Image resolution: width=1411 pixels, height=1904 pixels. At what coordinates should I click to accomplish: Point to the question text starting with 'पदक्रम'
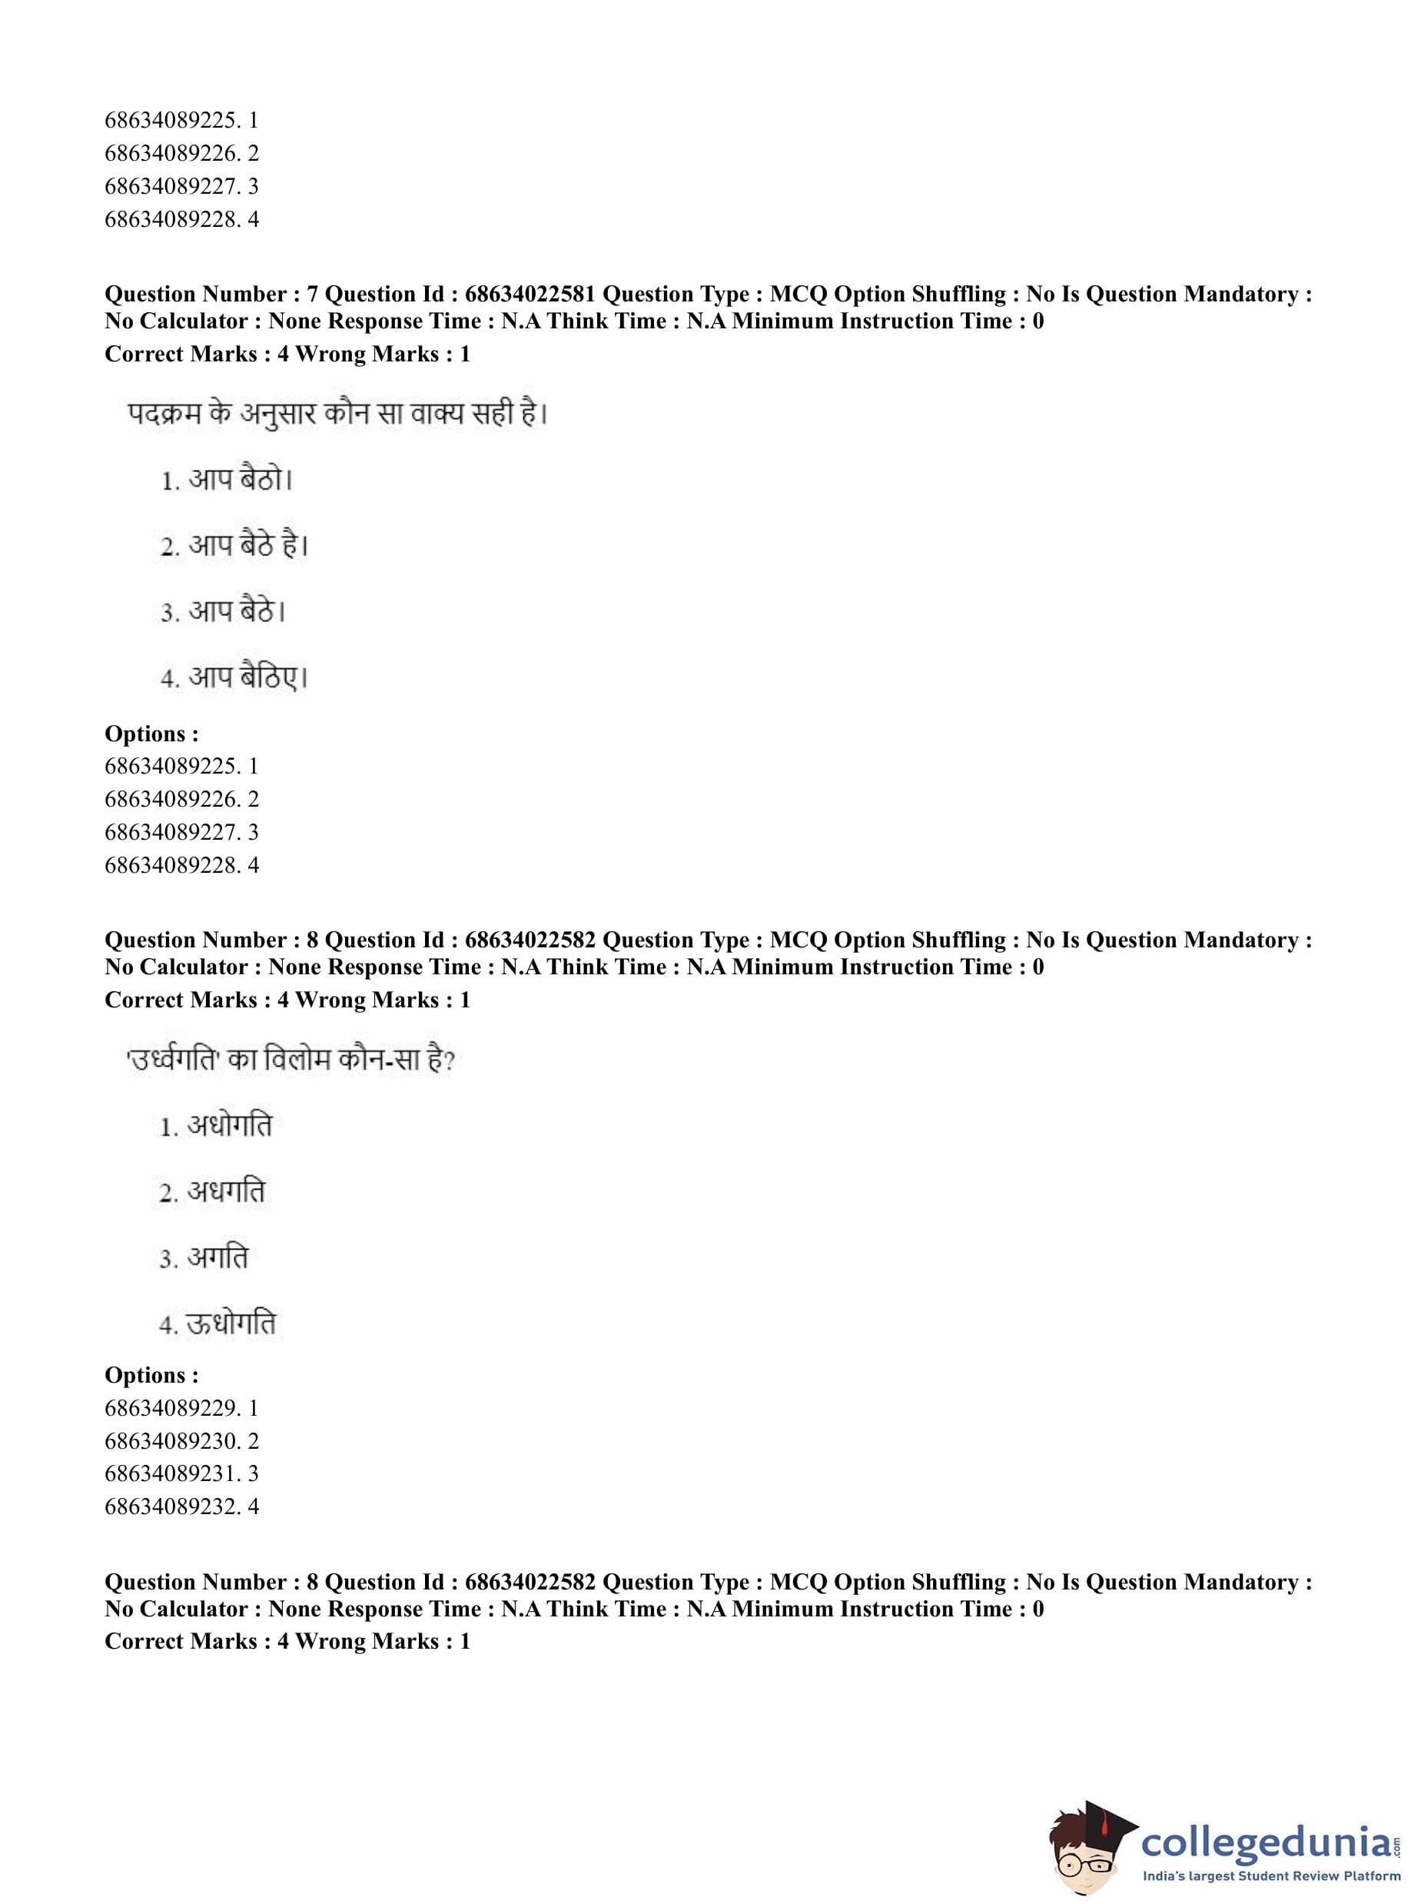coord(337,414)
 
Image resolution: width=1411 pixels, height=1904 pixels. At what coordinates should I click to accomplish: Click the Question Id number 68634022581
coord(530,294)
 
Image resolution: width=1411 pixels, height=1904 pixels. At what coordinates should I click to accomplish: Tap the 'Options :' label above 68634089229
coord(151,1375)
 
